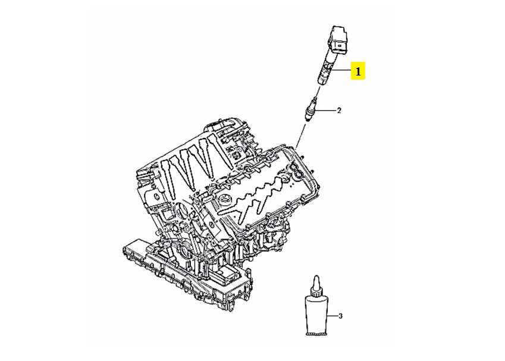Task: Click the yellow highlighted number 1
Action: point(358,71)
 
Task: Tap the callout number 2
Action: point(339,111)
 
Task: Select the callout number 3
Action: point(340,316)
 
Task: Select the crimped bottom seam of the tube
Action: point(316,335)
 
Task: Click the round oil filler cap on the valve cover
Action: point(223,200)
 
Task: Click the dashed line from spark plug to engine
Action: point(300,134)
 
